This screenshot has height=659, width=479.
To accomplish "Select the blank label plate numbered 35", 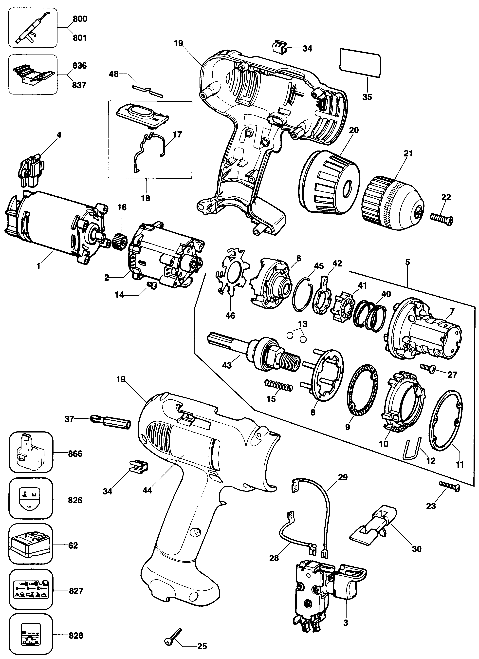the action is (360, 63).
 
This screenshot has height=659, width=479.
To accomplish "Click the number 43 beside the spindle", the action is (227, 365).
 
